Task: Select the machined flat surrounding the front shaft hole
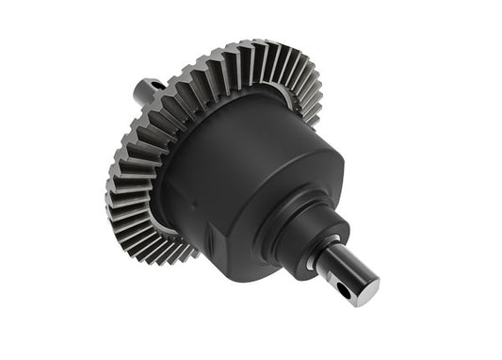340,286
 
